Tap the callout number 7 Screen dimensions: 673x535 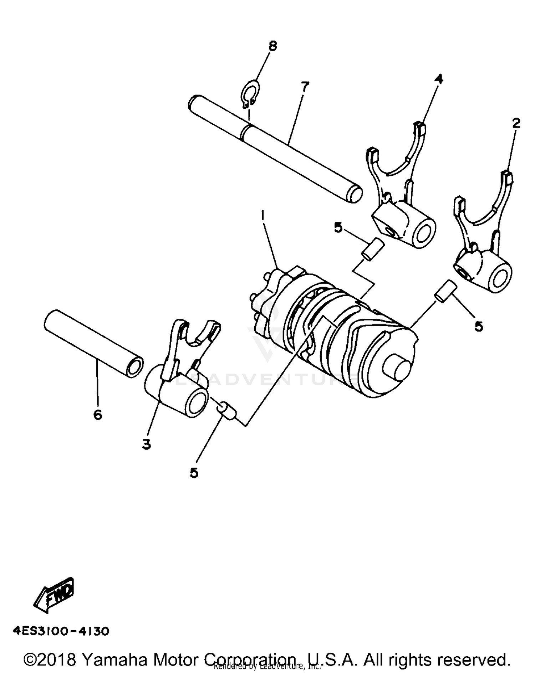(305, 87)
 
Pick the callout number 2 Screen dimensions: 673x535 (516, 123)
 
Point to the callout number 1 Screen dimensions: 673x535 (263, 216)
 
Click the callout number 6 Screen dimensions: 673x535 (98, 415)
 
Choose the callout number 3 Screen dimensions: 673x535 (146, 444)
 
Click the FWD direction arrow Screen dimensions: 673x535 (55, 595)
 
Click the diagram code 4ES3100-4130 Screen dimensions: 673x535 (61, 631)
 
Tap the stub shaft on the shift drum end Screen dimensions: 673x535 (398, 371)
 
